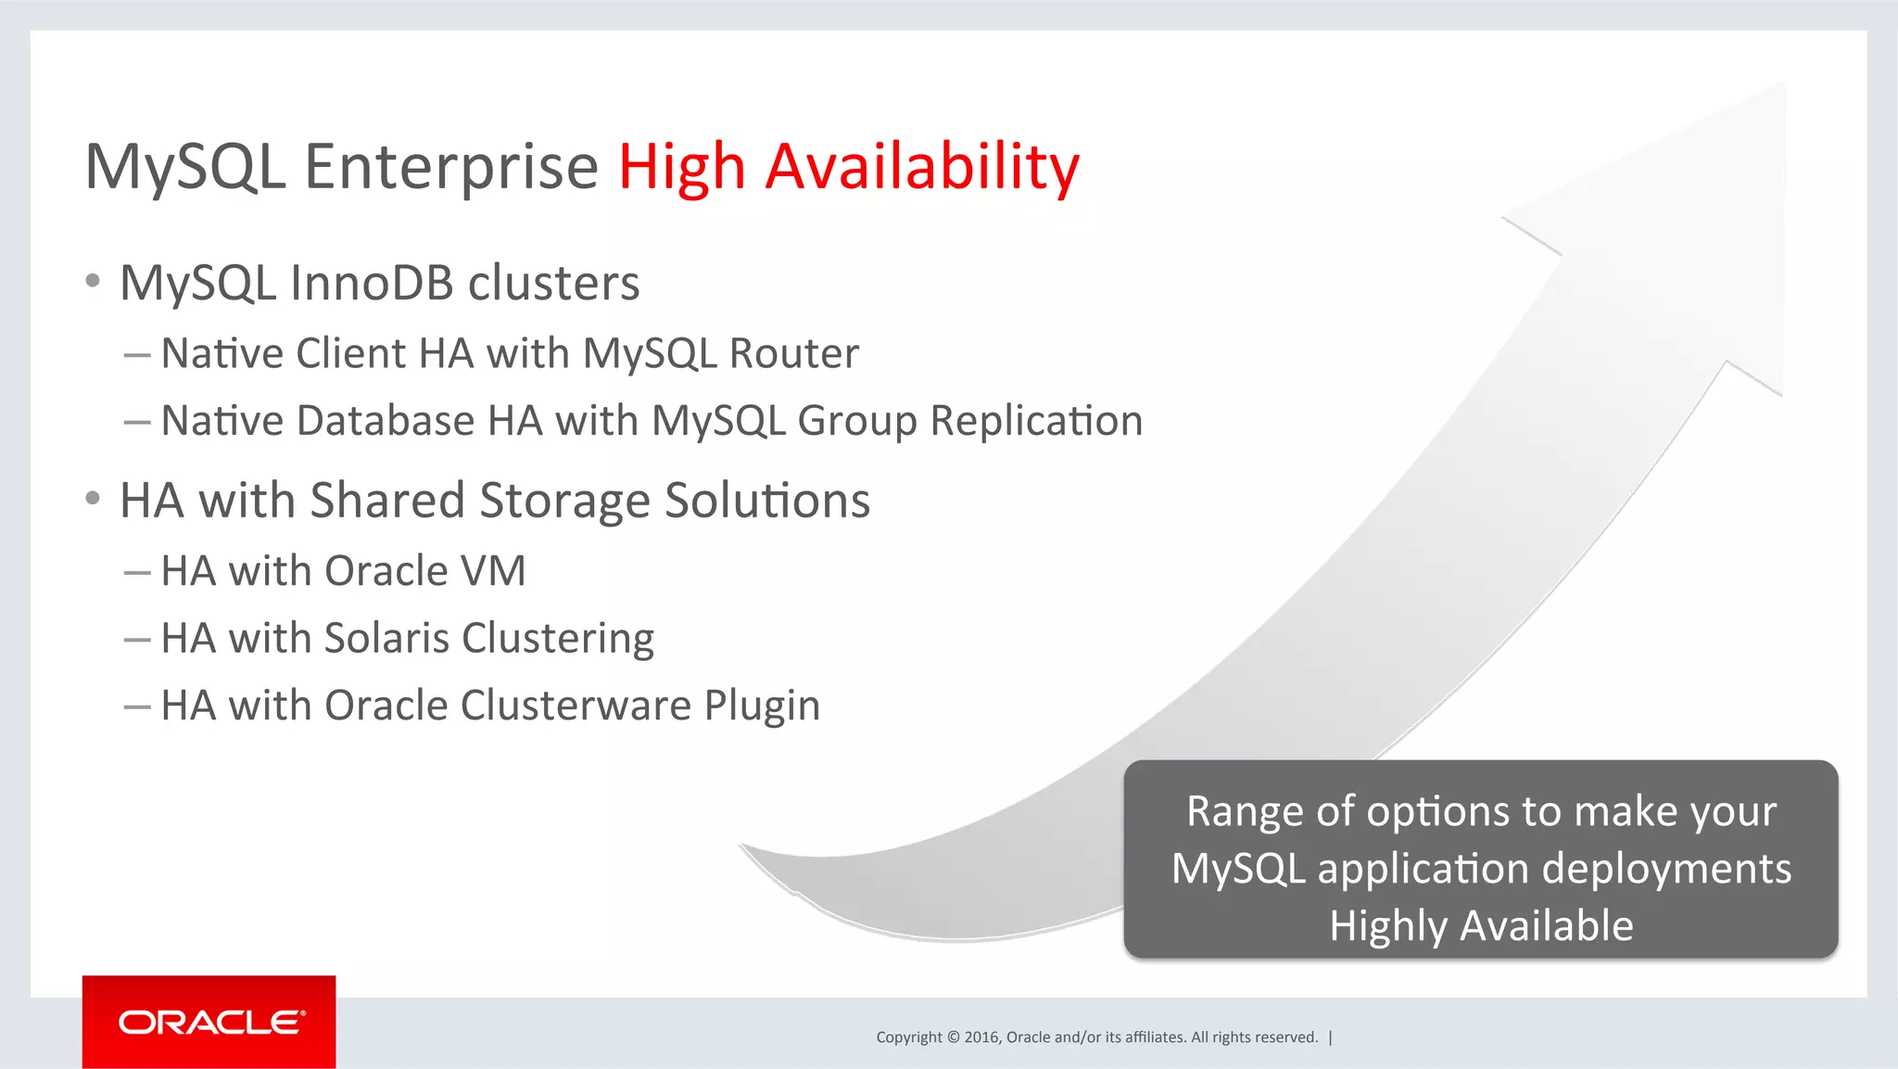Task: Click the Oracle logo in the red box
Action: pyautogui.click(x=210, y=1022)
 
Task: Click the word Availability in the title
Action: pyautogui.click(x=922, y=168)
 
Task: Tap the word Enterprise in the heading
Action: pyautogui.click(x=451, y=168)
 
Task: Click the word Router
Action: pyautogui.click(x=794, y=353)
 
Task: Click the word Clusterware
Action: pyautogui.click(x=576, y=706)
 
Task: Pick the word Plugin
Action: pyautogui.click(x=762, y=706)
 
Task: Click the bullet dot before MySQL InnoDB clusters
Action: pyautogui.click(x=92, y=281)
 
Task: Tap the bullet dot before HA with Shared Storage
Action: pyautogui.click(x=92, y=499)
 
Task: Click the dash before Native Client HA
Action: pyautogui.click(x=137, y=354)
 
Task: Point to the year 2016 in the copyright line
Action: pyautogui.click(x=981, y=1037)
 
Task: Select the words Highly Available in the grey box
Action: pyautogui.click(x=1481, y=925)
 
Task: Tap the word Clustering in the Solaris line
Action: pyautogui.click(x=558, y=639)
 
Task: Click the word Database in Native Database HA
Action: pyautogui.click(x=386, y=421)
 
